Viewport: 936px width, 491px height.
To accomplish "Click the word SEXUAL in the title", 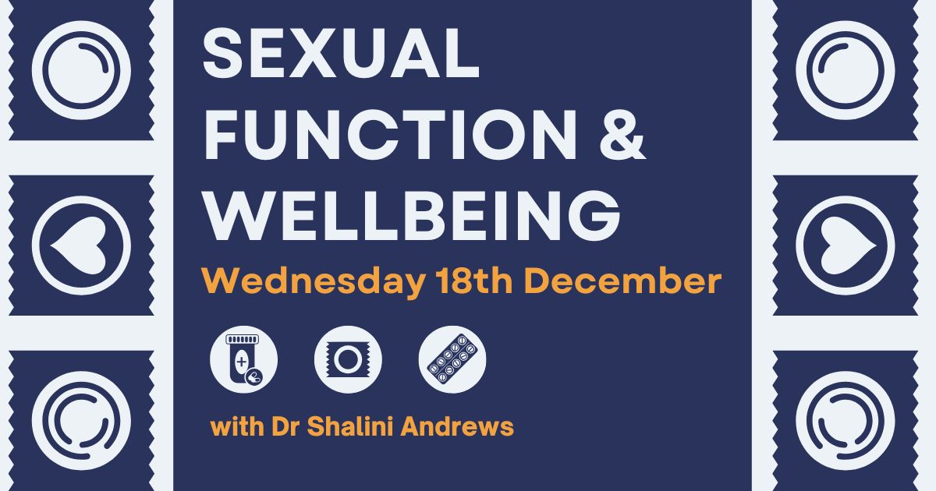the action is (x=341, y=53).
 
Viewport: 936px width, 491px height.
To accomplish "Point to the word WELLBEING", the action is (x=412, y=216).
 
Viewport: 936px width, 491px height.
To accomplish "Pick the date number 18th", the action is (x=474, y=281).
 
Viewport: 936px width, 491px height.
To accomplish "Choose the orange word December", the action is (x=623, y=281).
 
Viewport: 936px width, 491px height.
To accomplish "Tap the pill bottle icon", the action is (x=243, y=359).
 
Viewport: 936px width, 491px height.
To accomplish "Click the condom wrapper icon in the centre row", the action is (x=348, y=359).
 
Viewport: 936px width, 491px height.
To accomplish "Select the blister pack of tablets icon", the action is (x=452, y=359).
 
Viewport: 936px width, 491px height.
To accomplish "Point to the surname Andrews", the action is (x=457, y=426).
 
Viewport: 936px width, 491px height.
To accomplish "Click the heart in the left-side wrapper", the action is (x=79, y=246).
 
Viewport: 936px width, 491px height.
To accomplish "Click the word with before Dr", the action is (x=237, y=426).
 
